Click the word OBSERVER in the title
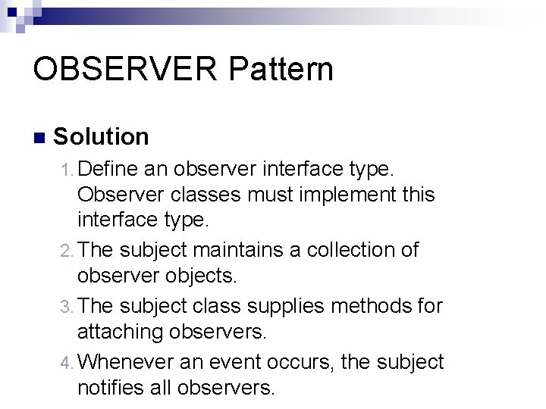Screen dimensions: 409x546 [x=121, y=69]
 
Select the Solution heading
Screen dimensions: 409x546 [x=102, y=137]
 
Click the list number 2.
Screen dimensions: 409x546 [x=67, y=251]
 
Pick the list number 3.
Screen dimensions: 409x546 [x=67, y=306]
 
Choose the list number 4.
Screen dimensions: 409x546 [x=67, y=363]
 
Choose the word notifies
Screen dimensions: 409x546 [x=115, y=389]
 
